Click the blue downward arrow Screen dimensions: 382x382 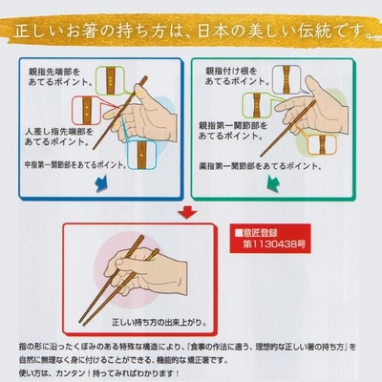pyautogui.click(x=102, y=184)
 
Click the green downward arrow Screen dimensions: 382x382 pyautogui.click(x=273, y=185)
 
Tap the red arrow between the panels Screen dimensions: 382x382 pyautogui.click(x=187, y=212)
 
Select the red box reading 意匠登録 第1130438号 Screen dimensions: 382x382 pyautogui.click(x=270, y=239)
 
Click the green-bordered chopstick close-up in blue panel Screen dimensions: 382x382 pyautogui.click(x=110, y=81)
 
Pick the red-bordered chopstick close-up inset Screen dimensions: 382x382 pyautogui.click(x=86, y=111)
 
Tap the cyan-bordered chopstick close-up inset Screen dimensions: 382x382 pyautogui.click(x=141, y=155)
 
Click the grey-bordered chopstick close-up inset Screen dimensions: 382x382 pyautogui.click(x=286, y=79)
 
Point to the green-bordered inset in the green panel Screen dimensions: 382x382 pyautogui.click(x=257, y=105)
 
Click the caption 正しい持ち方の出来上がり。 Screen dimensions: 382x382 pyautogui.click(x=159, y=322)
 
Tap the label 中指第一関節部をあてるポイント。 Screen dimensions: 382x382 pyautogui.click(x=75, y=165)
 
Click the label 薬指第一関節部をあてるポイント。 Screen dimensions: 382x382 pyautogui.click(x=260, y=166)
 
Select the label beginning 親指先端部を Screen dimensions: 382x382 pyautogui.click(x=60, y=76)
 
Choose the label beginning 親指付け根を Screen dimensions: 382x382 pyautogui.click(x=237, y=75)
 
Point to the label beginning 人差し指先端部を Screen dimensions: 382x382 pyautogui.click(x=59, y=137)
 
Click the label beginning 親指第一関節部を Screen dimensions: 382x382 pyautogui.click(x=233, y=131)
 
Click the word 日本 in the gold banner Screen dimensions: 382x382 pyautogui.click(x=212, y=32)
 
